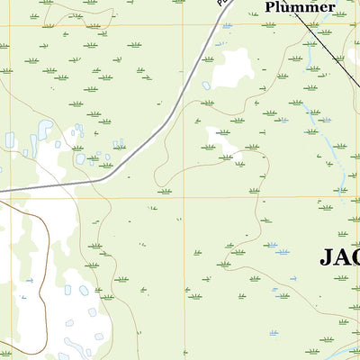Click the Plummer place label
tap(300, 7)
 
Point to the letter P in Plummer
tap(270, 7)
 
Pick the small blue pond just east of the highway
tap(206, 86)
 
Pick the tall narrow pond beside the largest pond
tap(33, 144)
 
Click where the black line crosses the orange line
tap(317, 24)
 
